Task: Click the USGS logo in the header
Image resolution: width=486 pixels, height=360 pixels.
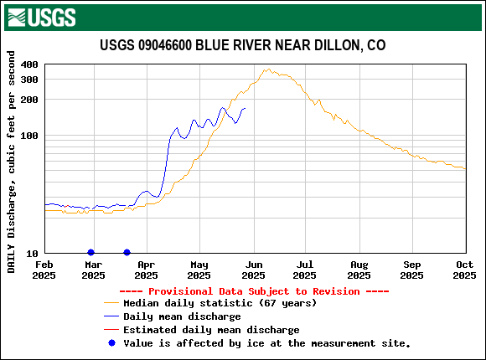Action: (41, 17)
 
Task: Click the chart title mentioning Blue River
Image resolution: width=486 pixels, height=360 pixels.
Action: (243, 45)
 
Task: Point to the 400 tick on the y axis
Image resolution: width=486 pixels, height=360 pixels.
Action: (28, 64)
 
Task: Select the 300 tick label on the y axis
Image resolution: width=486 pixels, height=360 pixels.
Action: (28, 79)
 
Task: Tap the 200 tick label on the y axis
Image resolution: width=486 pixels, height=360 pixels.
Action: (28, 100)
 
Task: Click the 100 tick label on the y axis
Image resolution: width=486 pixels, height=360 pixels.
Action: (28, 136)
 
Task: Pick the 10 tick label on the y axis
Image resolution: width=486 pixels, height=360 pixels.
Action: (32, 254)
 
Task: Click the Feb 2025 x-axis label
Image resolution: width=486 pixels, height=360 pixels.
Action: (44, 270)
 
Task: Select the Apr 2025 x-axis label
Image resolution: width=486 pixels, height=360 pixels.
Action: (146, 270)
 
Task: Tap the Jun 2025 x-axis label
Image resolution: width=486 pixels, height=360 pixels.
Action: (252, 270)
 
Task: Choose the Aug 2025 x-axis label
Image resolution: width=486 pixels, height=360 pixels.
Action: (359, 270)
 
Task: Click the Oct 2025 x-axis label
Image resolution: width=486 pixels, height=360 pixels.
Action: (465, 270)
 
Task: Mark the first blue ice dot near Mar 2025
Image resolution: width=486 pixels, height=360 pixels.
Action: (91, 252)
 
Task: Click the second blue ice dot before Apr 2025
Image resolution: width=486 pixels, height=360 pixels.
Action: (127, 252)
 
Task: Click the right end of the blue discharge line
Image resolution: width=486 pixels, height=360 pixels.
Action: (245, 108)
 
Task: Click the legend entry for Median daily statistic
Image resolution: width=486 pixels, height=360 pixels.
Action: (220, 303)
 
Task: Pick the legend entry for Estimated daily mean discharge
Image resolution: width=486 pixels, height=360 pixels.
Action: (211, 330)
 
